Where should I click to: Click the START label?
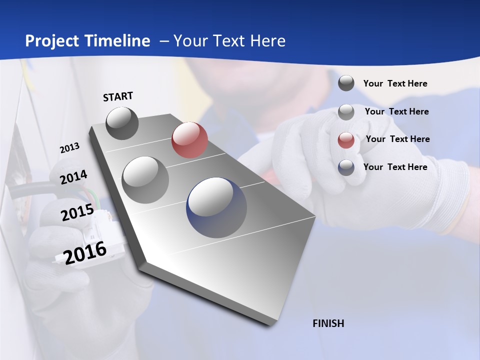[x=118, y=96]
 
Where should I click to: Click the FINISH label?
[x=328, y=323]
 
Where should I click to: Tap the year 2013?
[x=69, y=148]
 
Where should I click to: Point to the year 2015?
[x=77, y=212]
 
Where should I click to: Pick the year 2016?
[x=85, y=252]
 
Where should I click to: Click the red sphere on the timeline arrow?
[x=189, y=140]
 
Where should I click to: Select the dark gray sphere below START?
[x=122, y=123]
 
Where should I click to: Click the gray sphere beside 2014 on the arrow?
[x=145, y=179]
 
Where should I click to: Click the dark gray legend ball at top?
[x=346, y=83]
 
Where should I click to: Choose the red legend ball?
[x=346, y=139]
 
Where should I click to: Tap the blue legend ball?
[x=346, y=167]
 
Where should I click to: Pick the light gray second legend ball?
[x=346, y=111]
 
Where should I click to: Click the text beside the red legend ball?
[x=397, y=139]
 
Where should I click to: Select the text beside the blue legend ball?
[x=395, y=167]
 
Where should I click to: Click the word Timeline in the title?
[x=118, y=41]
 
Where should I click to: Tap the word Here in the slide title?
[x=267, y=41]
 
